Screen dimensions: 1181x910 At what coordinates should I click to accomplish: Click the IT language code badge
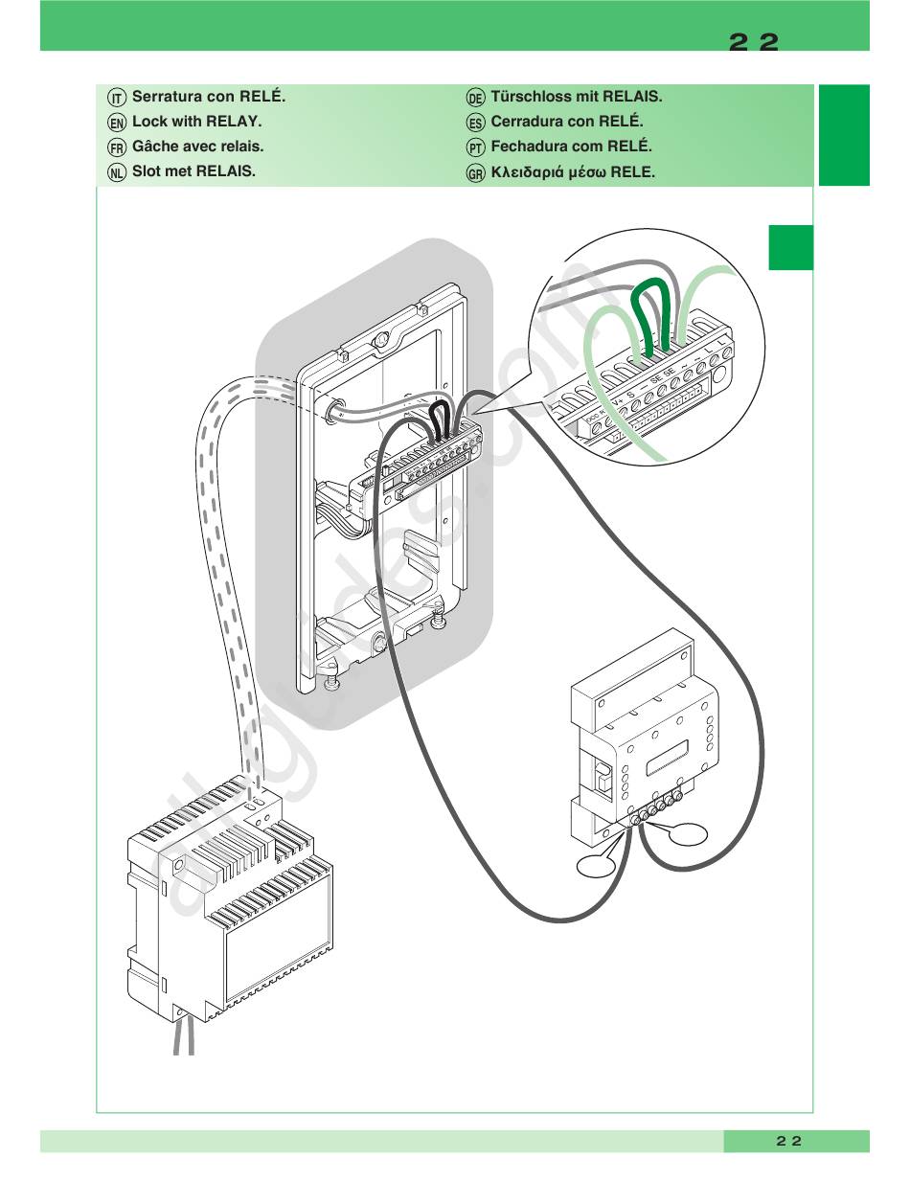pyautogui.click(x=117, y=98)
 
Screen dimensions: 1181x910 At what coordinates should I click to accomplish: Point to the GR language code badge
pyautogui.click(x=476, y=173)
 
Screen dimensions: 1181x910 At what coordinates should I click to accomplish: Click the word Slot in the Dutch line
pyautogui.click(x=148, y=171)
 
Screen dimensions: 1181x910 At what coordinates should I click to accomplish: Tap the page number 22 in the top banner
pyautogui.click(x=754, y=42)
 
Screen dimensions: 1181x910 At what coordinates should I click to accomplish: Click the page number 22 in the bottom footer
pyautogui.click(x=788, y=1141)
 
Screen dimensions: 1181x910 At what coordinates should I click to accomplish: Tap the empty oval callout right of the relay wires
pyautogui.click(x=689, y=835)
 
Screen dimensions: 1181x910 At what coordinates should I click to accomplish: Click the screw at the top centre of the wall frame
pyautogui.click(x=381, y=340)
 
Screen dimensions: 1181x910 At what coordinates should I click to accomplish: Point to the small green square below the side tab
pyautogui.click(x=790, y=247)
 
